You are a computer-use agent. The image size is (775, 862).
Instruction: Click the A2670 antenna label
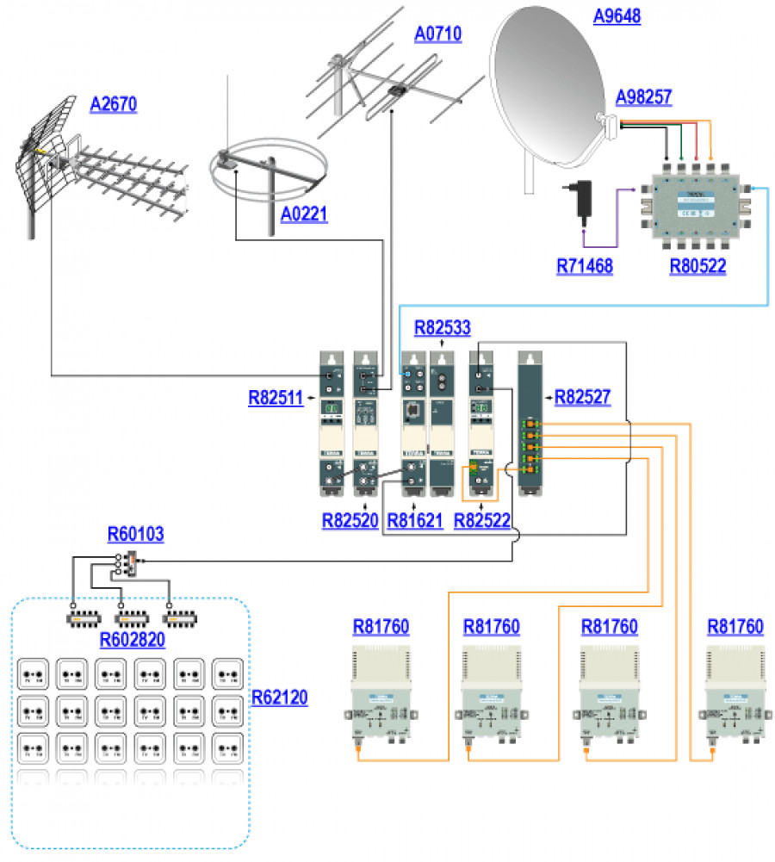[x=114, y=104]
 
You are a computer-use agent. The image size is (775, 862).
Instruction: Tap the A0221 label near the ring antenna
[x=303, y=214]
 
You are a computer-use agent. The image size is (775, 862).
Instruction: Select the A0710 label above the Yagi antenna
[x=437, y=34]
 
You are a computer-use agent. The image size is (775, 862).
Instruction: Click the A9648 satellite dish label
[x=617, y=16]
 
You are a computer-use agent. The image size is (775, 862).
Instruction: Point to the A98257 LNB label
[x=644, y=96]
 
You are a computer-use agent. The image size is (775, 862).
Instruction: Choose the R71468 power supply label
[x=584, y=266]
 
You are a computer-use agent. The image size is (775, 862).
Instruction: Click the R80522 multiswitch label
[x=697, y=266]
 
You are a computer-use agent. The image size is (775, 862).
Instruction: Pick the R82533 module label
[x=443, y=328]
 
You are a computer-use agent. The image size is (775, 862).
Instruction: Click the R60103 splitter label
[x=135, y=535]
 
